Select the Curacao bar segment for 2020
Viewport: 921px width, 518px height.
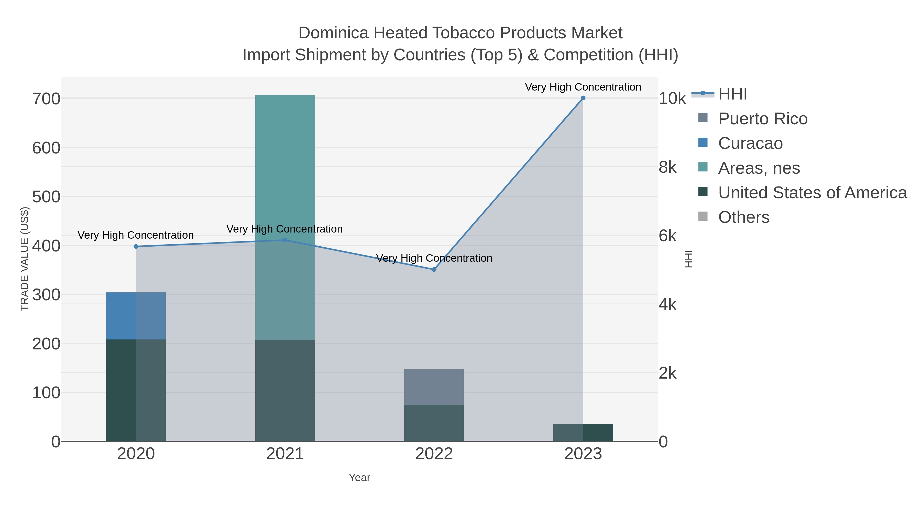[136, 316]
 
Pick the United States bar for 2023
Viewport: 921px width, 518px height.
[583, 433]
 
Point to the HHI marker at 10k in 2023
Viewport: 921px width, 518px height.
[583, 98]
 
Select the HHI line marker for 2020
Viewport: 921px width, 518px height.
[136, 246]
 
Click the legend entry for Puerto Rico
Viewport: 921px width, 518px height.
[763, 119]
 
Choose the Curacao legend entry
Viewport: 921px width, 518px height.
[750, 143]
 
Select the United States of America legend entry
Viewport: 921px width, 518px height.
[812, 193]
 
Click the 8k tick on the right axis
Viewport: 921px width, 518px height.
[667, 167]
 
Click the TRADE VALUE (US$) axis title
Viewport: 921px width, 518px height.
[24, 259]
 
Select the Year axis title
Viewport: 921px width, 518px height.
[359, 478]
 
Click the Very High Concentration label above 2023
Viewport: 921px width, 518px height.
[583, 87]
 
